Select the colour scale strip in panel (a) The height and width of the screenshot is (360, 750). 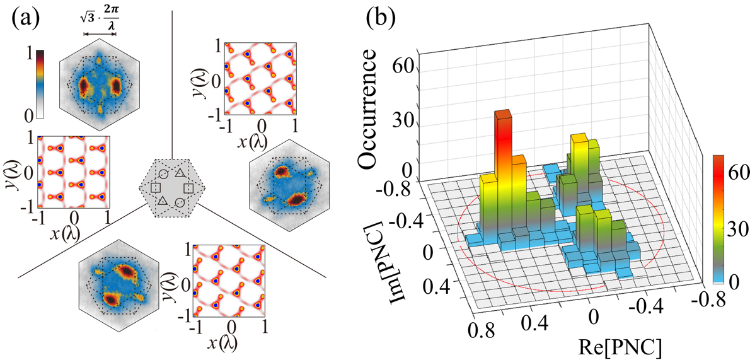(x=40, y=81)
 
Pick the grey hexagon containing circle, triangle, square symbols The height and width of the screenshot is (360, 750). (x=170, y=187)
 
